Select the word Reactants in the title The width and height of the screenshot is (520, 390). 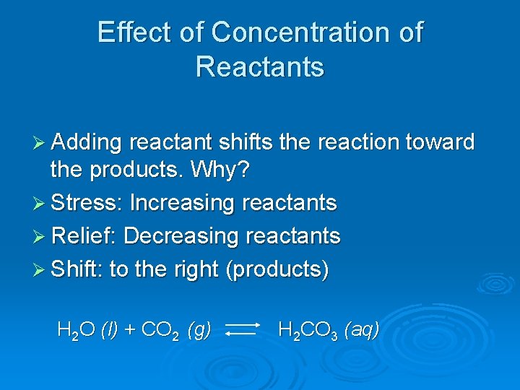[x=260, y=66]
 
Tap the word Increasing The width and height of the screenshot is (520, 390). [x=182, y=204]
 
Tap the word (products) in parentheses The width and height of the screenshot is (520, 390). [x=277, y=270]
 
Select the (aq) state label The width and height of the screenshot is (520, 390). [x=362, y=331]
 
